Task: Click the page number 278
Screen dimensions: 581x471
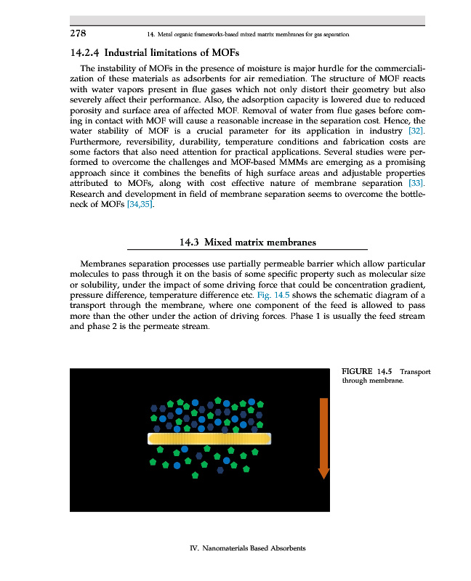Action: point(78,33)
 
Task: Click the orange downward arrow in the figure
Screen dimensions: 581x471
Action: point(324,436)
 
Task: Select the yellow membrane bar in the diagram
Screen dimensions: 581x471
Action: point(209,439)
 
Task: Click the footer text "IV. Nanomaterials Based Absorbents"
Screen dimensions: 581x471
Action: point(242,547)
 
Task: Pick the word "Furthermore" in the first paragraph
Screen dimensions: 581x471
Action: point(98,142)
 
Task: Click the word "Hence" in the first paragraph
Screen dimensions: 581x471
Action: point(396,120)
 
